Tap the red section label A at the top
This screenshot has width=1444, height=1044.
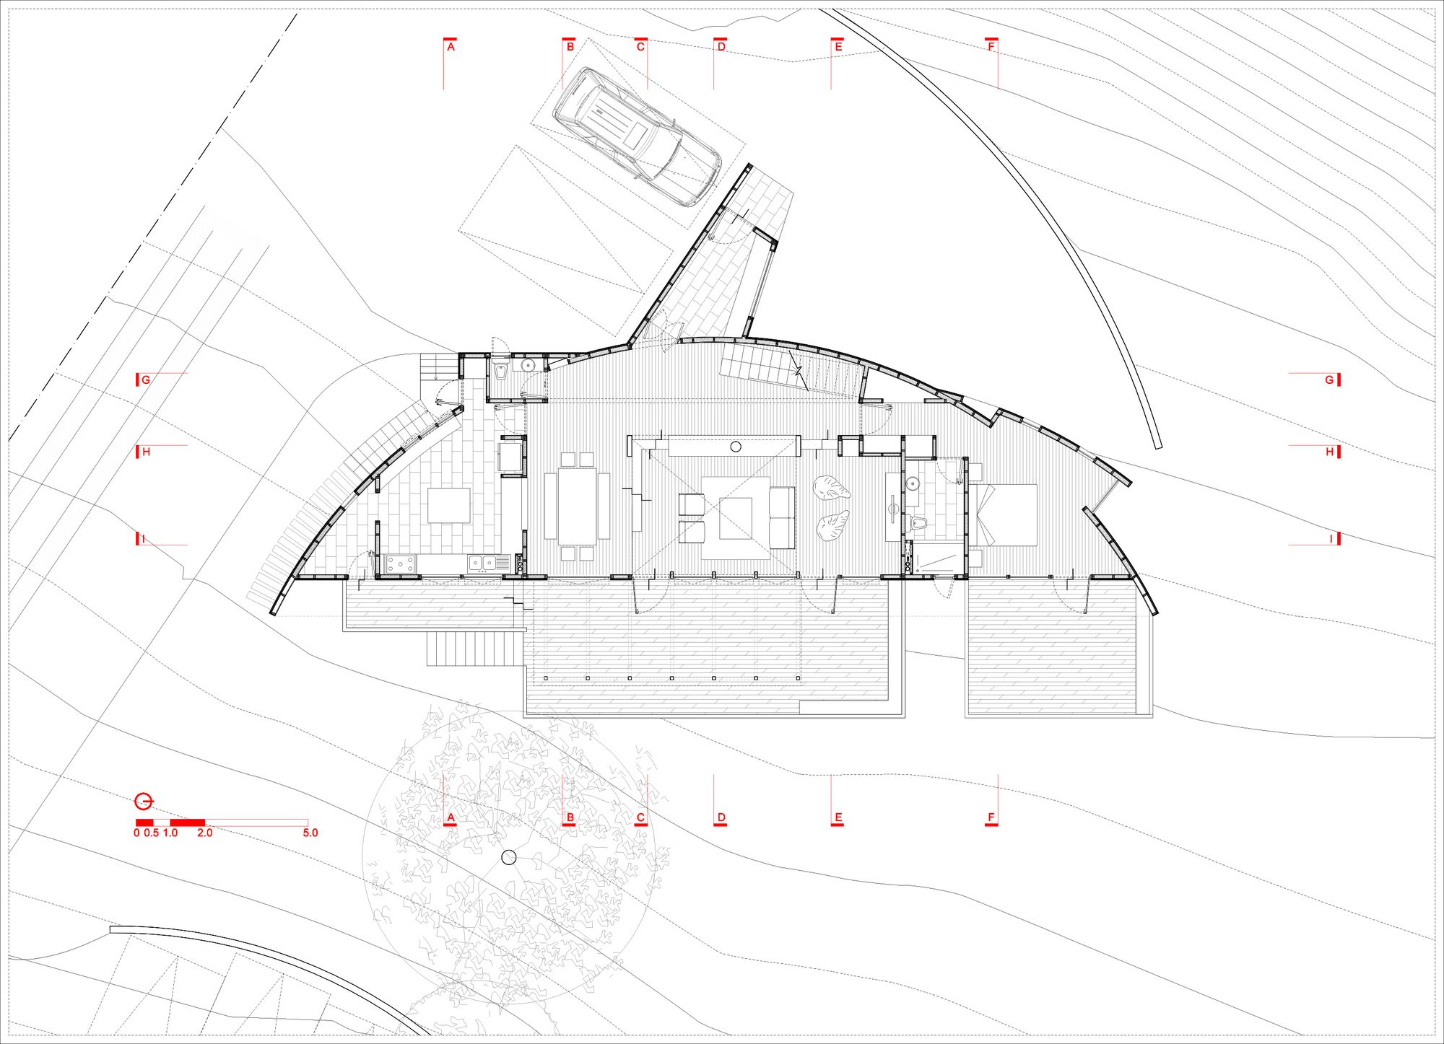(451, 47)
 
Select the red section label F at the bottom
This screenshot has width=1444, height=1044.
(991, 817)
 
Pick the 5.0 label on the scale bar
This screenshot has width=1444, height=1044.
(310, 833)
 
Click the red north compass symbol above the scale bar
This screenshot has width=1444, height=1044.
(144, 801)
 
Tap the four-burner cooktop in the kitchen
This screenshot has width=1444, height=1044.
(401, 563)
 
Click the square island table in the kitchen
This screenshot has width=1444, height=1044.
(448, 506)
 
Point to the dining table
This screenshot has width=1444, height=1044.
(578, 506)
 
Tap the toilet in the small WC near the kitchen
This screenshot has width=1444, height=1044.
(500, 372)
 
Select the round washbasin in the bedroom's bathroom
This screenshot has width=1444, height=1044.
(913, 483)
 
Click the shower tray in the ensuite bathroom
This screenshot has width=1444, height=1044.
(936, 558)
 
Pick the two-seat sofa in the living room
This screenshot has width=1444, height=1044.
(782, 517)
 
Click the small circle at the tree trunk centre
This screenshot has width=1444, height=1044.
(509, 857)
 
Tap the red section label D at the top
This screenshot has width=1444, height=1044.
(721, 47)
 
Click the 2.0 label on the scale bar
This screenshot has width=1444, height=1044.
(205, 833)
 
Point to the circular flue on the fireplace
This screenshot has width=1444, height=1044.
(736, 447)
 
